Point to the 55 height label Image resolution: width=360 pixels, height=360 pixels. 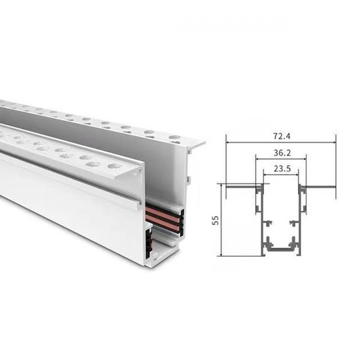[213, 219]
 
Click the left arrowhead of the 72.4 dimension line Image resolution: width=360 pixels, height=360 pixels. [228, 142]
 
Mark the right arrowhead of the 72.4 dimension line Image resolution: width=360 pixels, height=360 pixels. [335, 142]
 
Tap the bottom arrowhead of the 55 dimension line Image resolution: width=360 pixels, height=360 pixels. [221, 253]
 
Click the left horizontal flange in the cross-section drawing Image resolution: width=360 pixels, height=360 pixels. [240, 186]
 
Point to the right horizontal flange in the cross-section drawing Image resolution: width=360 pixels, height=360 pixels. [321, 186]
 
